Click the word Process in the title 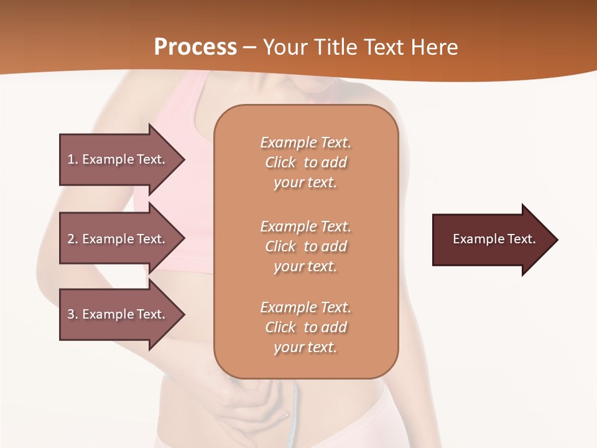(x=195, y=47)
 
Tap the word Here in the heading (x=433, y=47)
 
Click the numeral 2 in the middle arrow (x=72, y=239)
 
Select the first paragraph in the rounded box (x=305, y=162)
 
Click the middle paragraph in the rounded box (x=305, y=246)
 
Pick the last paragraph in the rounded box (x=305, y=327)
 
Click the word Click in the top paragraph (x=280, y=162)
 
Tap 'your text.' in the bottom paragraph (x=305, y=347)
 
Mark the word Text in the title (x=383, y=47)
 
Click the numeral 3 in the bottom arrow (x=72, y=314)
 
